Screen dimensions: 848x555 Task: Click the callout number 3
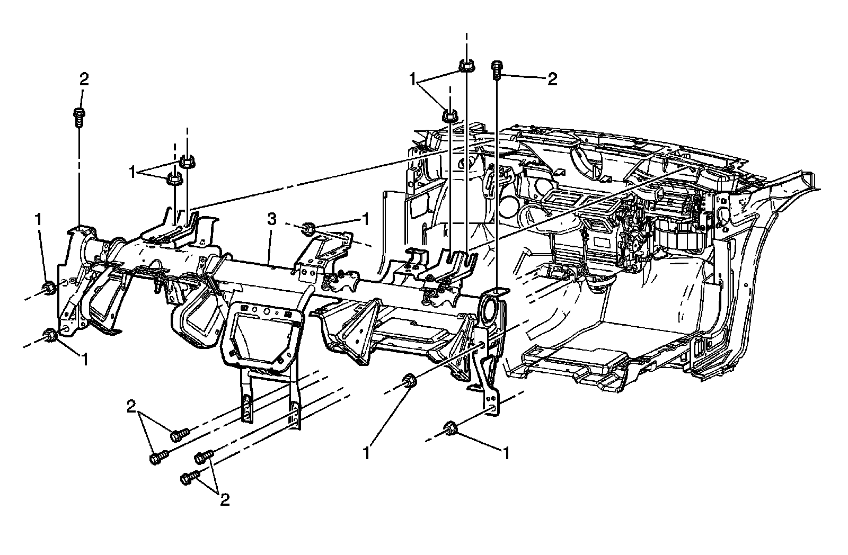click(x=271, y=220)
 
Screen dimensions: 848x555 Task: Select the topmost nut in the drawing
click(x=465, y=65)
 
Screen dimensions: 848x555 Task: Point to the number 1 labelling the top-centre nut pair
click(x=412, y=80)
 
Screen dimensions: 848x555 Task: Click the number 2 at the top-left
click(x=84, y=79)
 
